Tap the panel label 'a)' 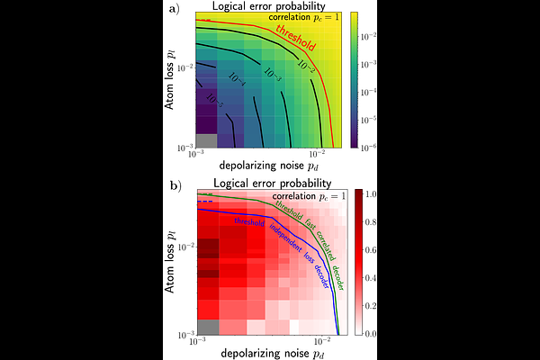(172, 10)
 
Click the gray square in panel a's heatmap (207, 140)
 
